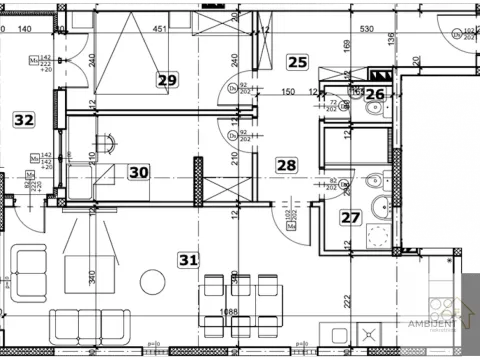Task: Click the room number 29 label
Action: pyautogui.click(x=167, y=80)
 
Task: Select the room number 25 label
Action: pyautogui.click(x=297, y=62)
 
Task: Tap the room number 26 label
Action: pyautogui.click(x=374, y=96)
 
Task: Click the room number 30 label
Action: pyautogui.click(x=139, y=172)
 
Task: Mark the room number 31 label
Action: pyautogui.click(x=188, y=260)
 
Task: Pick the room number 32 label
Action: pyautogui.click(x=23, y=119)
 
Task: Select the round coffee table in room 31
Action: pyautogui.click(x=151, y=278)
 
